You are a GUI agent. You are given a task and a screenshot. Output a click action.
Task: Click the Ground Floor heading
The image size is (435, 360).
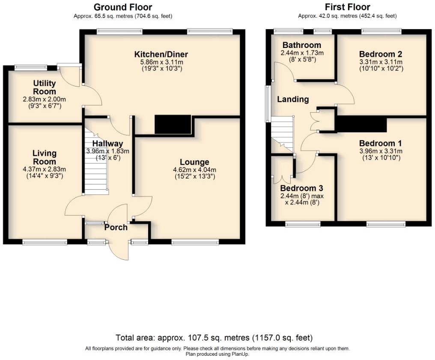click(x=122, y=7)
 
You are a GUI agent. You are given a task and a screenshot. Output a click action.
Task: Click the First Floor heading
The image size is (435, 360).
click(x=347, y=7)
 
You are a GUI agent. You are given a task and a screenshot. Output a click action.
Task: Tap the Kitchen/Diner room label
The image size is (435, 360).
click(x=161, y=54)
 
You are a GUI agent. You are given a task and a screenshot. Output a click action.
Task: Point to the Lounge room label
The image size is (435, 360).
click(x=194, y=162)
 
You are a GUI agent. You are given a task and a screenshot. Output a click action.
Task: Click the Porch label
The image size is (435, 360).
click(x=116, y=227)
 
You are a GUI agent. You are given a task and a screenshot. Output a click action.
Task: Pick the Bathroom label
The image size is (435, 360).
click(x=302, y=45)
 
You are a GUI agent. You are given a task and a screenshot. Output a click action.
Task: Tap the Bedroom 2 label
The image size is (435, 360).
click(x=381, y=54)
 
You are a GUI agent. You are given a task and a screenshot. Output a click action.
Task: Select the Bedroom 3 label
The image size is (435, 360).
click(x=302, y=188)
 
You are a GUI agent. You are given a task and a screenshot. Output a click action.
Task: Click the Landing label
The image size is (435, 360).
click(x=293, y=99)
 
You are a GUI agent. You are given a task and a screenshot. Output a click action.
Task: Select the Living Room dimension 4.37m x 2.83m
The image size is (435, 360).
click(x=45, y=169)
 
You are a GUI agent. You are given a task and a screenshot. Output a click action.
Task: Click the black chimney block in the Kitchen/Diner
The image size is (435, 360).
click(x=173, y=125)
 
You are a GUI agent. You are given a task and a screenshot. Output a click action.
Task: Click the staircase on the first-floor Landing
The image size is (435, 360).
click(x=283, y=135)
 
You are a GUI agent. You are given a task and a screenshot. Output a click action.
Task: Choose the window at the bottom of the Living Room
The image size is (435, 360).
click(x=45, y=242)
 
